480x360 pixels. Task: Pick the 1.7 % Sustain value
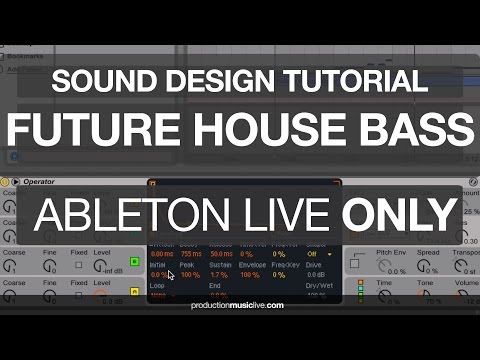point(220,274)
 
